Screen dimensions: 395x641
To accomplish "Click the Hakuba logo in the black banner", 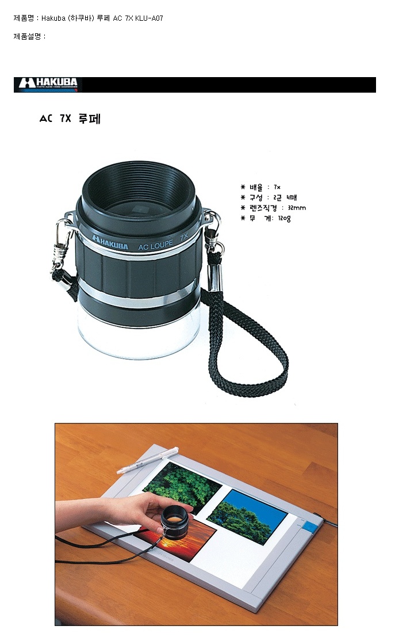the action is coord(48,84).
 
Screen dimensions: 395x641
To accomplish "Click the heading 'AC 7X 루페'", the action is coord(70,119).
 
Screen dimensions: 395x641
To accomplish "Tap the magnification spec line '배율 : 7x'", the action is coord(260,187).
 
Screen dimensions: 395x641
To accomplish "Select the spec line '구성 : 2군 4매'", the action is coord(269,197).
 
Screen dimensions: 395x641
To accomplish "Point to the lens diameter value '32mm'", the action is coord(297,208).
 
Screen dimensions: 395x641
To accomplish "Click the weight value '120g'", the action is coord(284,218).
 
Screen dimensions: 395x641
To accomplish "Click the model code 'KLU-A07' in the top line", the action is coord(149,18).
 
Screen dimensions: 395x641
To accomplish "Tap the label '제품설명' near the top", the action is coord(27,36).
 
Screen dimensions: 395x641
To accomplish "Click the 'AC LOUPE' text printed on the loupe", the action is coord(155,246).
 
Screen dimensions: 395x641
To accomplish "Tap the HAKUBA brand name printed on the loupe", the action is coord(110,243).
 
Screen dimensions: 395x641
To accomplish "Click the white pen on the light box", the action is coord(147,460).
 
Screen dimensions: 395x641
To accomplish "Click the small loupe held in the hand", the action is coord(175,521).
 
